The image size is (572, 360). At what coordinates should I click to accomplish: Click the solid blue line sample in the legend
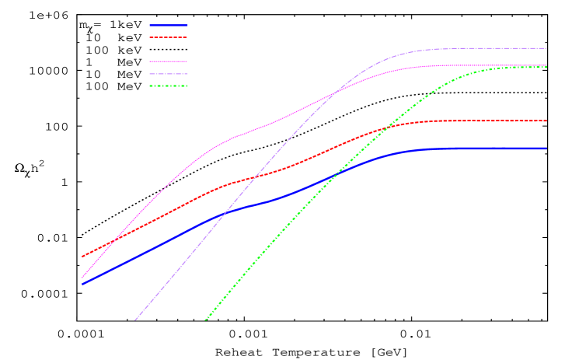(x=168, y=25)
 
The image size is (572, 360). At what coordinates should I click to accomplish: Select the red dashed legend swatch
(x=168, y=37)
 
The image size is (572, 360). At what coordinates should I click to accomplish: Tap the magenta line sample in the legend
(x=168, y=61)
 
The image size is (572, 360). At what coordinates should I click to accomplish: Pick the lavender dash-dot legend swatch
(x=168, y=74)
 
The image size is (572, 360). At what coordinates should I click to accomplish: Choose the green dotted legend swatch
(x=168, y=86)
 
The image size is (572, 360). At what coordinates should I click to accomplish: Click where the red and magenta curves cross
(x=113, y=240)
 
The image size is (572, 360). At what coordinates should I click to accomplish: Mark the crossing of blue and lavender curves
(x=225, y=212)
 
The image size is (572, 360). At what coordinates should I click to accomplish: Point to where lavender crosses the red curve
(x=255, y=177)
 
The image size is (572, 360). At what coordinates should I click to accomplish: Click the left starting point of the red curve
(x=82, y=256)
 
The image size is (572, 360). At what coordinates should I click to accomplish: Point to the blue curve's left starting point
(x=82, y=284)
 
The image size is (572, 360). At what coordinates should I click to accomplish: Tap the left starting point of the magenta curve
(x=82, y=277)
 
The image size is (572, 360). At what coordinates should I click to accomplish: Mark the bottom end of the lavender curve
(x=135, y=320)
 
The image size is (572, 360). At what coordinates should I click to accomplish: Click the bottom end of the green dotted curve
(x=205, y=320)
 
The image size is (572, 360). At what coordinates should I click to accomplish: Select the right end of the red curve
(x=546, y=121)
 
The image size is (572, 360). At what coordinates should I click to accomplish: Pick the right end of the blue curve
(x=546, y=149)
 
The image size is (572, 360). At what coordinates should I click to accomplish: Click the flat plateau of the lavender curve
(x=490, y=48)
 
